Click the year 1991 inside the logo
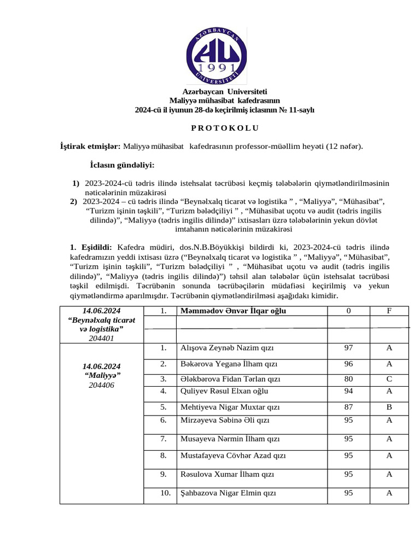[x=213, y=68]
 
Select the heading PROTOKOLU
[x=217, y=129]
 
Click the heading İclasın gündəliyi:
[x=122, y=165]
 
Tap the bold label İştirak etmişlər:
[x=90, y=147]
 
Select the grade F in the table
[x=389, y=311]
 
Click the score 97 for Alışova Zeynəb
[x=348, y=348]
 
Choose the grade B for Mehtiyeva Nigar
[x=389, y=407]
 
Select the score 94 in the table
[x=348, y=391]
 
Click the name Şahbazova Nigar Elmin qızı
[x=228, y=493]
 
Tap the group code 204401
[x=101, y=338]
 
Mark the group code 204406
[x=102, y=385]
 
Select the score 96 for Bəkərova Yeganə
[x=348, y=364]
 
